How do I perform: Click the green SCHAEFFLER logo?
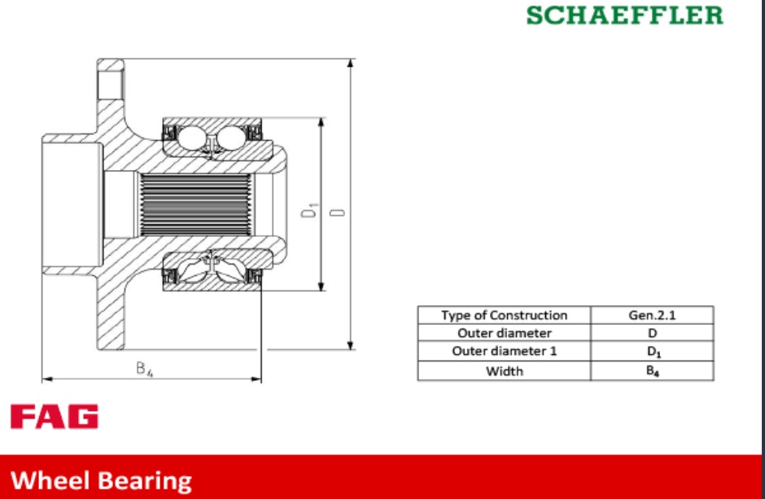[624, 15]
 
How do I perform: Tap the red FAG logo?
[55, 416]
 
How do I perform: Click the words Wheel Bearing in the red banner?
[101, 480]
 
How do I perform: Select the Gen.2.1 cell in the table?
[652, 315]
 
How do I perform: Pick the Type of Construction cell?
[504, 315]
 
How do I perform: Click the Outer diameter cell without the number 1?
[504, 333]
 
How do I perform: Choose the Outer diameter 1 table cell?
[504, 351]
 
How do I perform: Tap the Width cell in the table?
[504, 371]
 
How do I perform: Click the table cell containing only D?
[652, 333]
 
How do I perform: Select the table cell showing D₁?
[652, 351]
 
